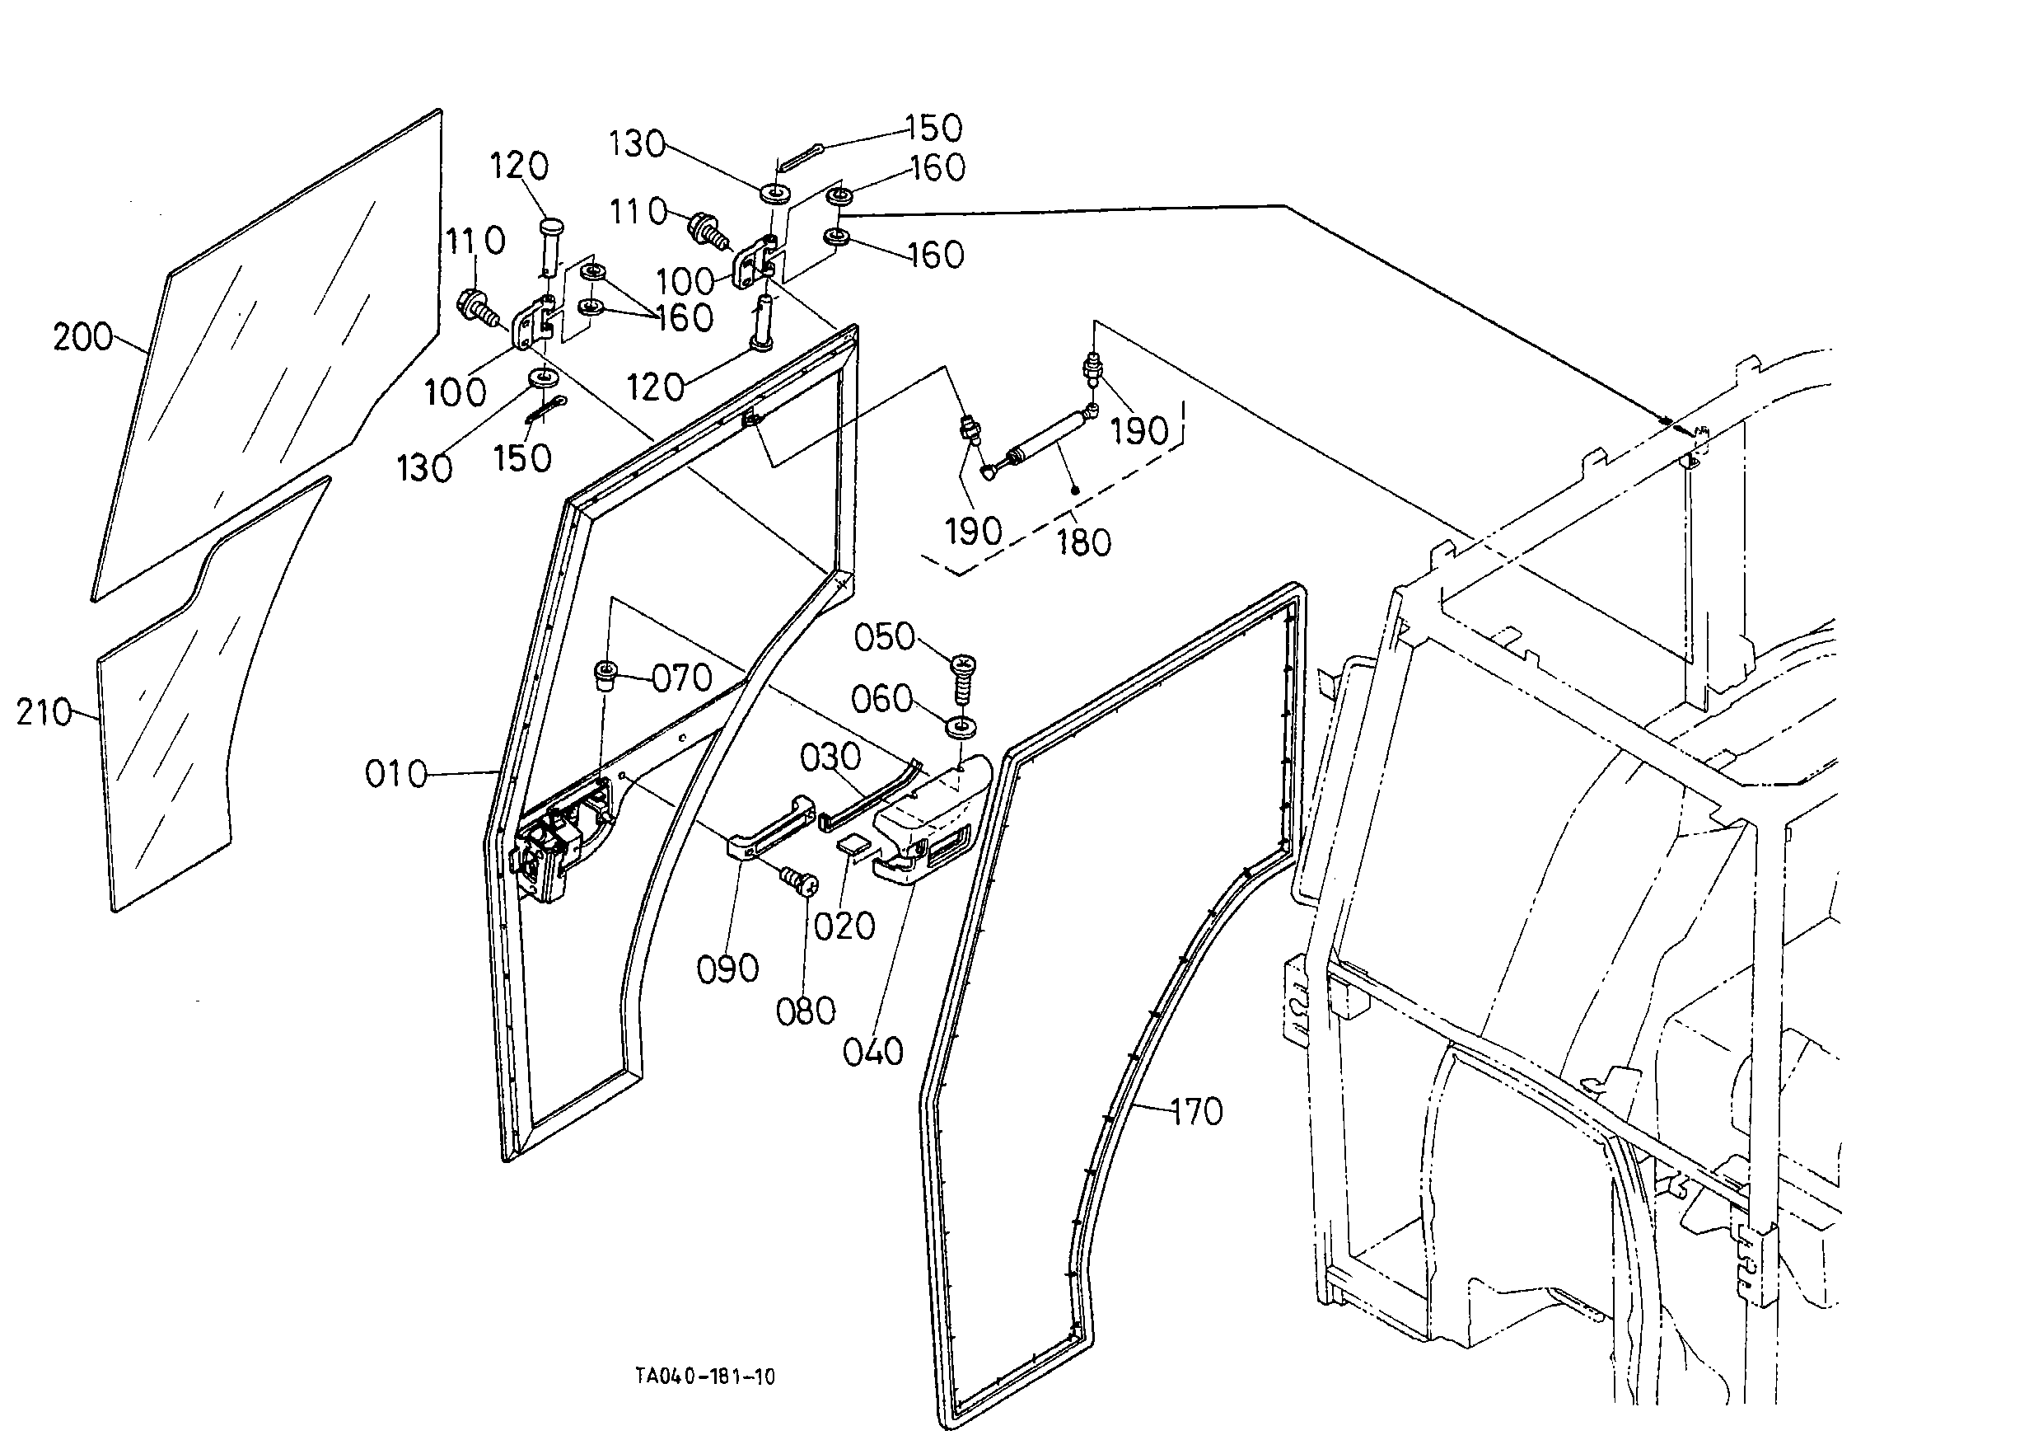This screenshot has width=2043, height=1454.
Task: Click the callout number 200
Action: (82, 338)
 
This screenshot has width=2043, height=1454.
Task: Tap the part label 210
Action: (44, 713)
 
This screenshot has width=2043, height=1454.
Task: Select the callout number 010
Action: (396, 773)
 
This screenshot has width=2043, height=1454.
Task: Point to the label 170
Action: (1196, 1112)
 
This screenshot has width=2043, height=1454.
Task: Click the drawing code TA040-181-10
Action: (705, 1377)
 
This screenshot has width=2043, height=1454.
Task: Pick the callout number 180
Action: (1083, 542)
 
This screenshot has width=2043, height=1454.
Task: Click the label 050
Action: (884, 637)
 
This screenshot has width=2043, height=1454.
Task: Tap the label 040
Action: (872, 1052)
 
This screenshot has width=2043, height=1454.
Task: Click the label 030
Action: (830, 757)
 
